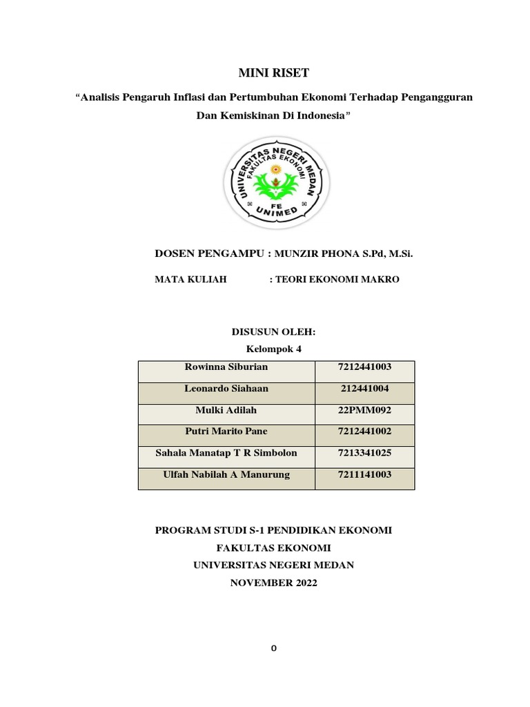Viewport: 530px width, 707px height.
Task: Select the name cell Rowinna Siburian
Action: tap(226, 367)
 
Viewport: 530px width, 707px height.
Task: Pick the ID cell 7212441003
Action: tap(364, 367)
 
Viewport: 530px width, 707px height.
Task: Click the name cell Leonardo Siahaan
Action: tap(226, 389)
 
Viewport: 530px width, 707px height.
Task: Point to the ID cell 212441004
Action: tap(364, 389)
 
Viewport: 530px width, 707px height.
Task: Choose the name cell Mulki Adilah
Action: tap(226, 410)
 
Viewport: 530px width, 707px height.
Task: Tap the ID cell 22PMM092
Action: tap(364, 410)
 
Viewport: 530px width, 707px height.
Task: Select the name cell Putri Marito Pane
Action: tap(226, 431)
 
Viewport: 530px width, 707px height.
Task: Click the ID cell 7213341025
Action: tap(364, 452)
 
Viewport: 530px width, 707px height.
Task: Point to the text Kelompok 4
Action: tap(274, 349)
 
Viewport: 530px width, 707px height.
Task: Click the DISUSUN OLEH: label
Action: tap(274, 332)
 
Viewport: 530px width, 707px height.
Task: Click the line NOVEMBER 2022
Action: tap(273, 583)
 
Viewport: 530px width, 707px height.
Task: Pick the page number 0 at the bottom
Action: tap(274, 648)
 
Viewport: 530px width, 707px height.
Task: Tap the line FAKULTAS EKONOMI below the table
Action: tap(273, 548)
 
